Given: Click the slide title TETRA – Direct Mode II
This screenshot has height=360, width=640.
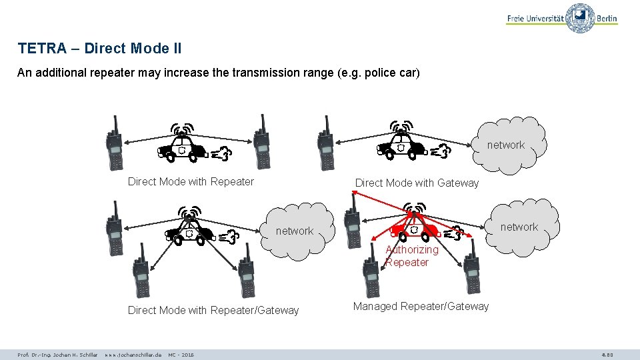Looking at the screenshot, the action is [x=99, y=49].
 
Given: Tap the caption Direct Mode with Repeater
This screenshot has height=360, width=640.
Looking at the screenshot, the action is [x=191, y=181].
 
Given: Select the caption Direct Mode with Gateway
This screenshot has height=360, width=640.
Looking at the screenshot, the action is [x=417, y=183].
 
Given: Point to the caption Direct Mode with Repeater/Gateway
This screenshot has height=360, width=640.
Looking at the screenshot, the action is [x=213, y=310].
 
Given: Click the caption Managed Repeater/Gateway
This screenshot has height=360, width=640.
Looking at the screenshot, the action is [x=421, y=306].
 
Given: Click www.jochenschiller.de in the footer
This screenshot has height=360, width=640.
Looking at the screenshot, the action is [x=133, y=355].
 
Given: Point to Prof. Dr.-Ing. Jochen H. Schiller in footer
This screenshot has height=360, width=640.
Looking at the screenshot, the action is [x=57, y=355].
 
